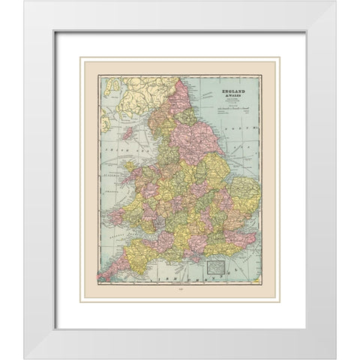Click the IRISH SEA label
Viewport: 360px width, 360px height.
(118, 160)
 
